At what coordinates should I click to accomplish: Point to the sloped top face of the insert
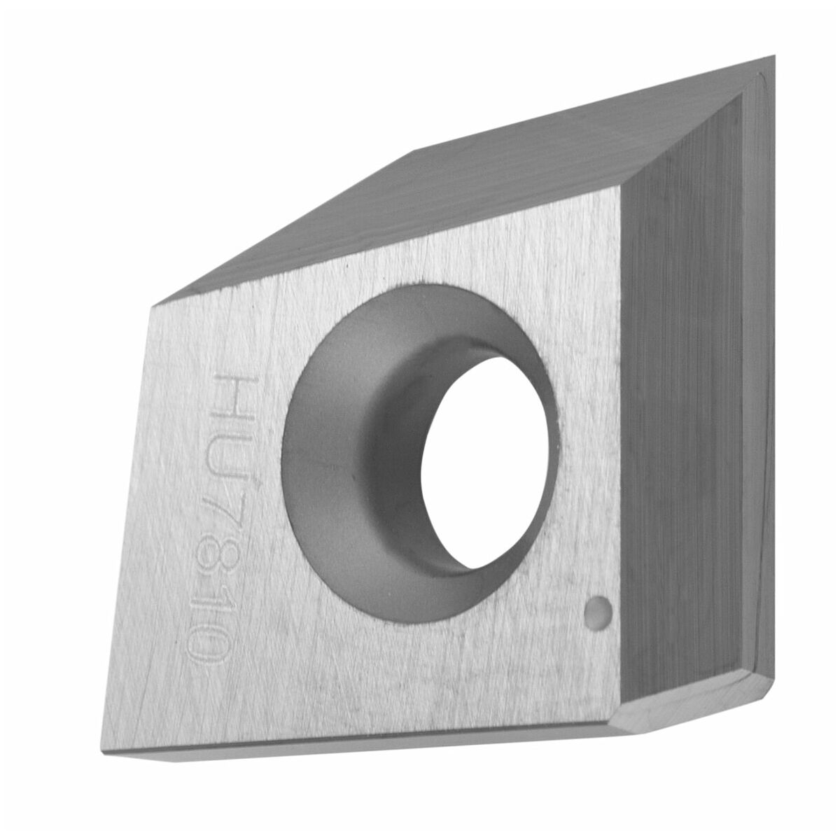tap(458, 183)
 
